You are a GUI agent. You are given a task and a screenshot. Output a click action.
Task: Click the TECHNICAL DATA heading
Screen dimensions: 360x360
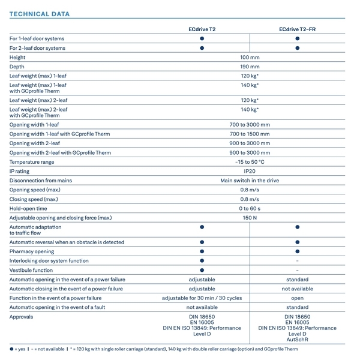click(x=40, y=14)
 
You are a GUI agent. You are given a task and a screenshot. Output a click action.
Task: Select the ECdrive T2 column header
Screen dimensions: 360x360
click(x=202, y=29)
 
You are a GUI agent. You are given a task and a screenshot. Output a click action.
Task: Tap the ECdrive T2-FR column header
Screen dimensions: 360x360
click(x=298, y=29)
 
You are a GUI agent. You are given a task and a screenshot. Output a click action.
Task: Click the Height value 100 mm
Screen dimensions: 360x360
click(x=250, y=58)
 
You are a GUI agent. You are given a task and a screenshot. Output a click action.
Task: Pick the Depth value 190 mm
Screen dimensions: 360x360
click(x=250, y=67)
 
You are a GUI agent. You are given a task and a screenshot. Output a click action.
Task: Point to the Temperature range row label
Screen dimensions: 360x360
click(x=32, y=162)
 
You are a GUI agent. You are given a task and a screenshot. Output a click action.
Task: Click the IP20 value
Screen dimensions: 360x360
click(x=250, y=171)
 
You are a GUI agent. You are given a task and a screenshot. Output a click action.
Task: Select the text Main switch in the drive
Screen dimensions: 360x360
click(x=250, y=181)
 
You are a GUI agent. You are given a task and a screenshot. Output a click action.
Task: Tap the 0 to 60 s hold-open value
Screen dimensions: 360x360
click(x=250, y=208)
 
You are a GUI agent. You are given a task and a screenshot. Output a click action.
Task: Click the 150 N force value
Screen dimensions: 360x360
click(x=250, y=218)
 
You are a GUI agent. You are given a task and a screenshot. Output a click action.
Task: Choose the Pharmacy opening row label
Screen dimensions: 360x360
click(x=32, y=251)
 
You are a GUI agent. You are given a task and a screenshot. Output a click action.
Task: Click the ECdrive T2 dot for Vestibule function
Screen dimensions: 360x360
click(x=202, y=270)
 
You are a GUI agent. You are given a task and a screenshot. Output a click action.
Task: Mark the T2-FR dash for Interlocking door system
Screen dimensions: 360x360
click(x=298, y=261)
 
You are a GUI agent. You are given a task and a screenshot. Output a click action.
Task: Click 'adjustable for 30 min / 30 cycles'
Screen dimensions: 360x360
click(x=202, y=298)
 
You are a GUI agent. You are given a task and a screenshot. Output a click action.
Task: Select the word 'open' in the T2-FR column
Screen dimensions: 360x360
click(x=298, y=298)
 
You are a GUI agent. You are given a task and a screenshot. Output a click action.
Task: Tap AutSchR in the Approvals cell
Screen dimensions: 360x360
click(x=298, y=340)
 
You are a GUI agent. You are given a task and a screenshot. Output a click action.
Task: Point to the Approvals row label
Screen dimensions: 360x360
click(x=22, y=317)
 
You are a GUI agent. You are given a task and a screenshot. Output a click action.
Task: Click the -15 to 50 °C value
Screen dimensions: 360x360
click(x=250, y=162)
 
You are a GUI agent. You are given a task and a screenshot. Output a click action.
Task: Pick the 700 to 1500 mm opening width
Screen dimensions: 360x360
click(x=250, y=134)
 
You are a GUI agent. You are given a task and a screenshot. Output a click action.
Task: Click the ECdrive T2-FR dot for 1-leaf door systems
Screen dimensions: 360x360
click(x=298, y=38)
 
